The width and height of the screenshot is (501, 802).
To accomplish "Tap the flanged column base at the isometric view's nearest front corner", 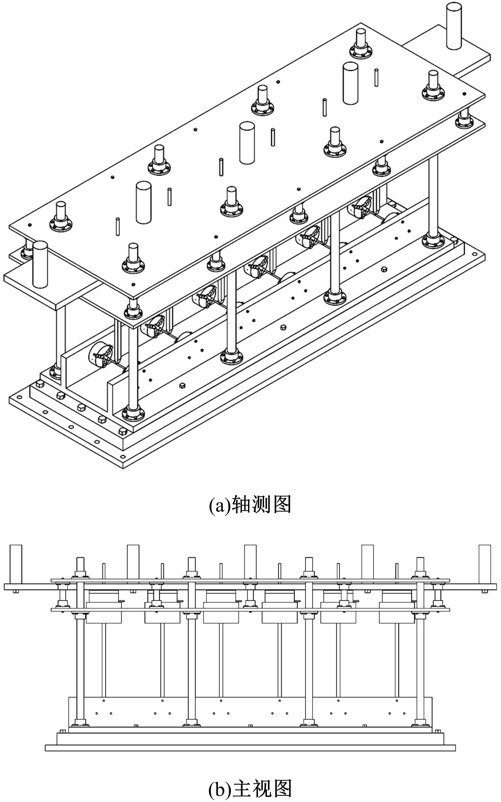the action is pos(134,414).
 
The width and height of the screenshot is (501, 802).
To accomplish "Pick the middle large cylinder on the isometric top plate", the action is pos(246,143).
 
